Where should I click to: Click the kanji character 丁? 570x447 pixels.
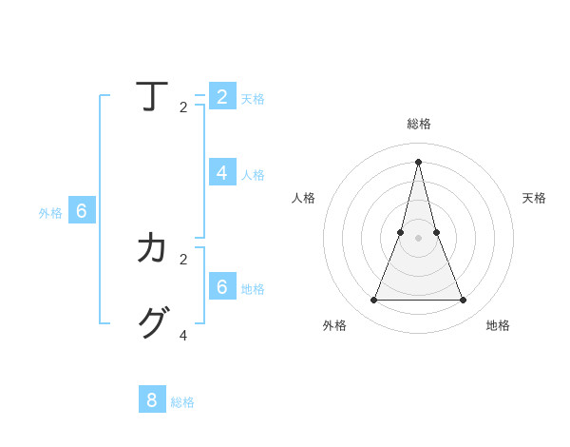tap(152, 96)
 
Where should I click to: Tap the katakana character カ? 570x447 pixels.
tap(152, 248)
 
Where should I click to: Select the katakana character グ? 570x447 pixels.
tap(152, 323)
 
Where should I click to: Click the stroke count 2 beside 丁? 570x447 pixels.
tap(183, 107)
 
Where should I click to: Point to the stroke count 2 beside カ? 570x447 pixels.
tap(183, 259)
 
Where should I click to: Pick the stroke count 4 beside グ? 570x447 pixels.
tap(183, 336)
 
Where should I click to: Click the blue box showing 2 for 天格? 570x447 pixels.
tap(222, 96)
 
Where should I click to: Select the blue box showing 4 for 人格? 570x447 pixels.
tap(222, 172)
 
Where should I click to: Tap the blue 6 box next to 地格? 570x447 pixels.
tap(222, 286)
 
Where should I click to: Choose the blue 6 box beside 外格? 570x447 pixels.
tap(82, 211)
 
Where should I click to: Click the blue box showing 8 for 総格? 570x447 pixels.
tap(152, 399)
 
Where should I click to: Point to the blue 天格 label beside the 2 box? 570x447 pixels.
tap(253, 99)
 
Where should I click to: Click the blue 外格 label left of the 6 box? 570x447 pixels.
tap(50, 214)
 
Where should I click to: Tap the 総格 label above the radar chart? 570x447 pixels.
tap(419, 124)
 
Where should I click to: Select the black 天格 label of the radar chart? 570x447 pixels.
tap(534, 198)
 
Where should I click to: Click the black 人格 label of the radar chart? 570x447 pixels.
tap(303, 198)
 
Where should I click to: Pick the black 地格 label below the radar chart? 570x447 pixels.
tap(498, 325)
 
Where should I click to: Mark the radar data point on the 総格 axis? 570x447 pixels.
tap(419, 161)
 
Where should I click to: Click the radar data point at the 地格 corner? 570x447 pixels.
tap(464, 301)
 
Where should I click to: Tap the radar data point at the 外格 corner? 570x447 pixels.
tap(373, 301)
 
